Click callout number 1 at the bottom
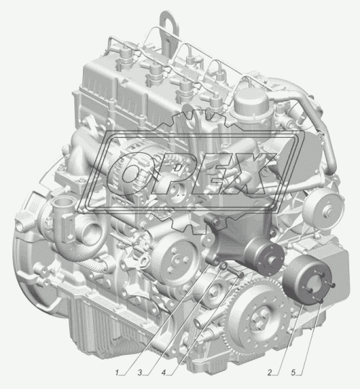[117, 372]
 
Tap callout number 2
[270, 372]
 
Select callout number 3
[140, 372]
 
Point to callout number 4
[164, 372]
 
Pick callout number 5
[294, 372]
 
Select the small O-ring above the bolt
[224, 266]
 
